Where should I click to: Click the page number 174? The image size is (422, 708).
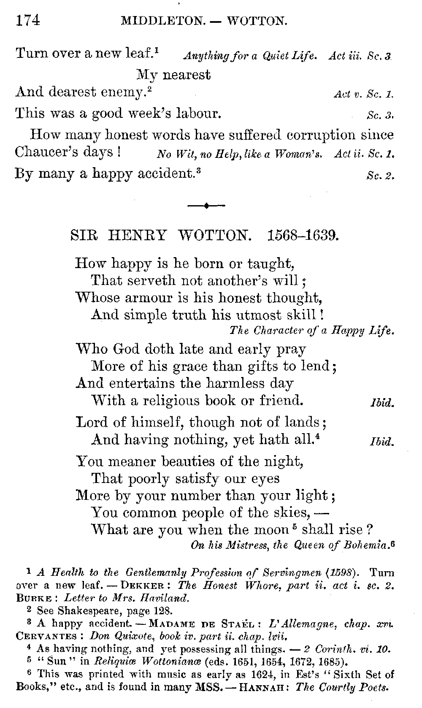[x=28, y=20]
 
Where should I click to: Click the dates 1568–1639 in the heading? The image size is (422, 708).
[x=303, y=235]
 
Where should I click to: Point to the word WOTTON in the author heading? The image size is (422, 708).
[x=214, y=235]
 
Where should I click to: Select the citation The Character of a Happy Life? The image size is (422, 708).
[x=311, y=331]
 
